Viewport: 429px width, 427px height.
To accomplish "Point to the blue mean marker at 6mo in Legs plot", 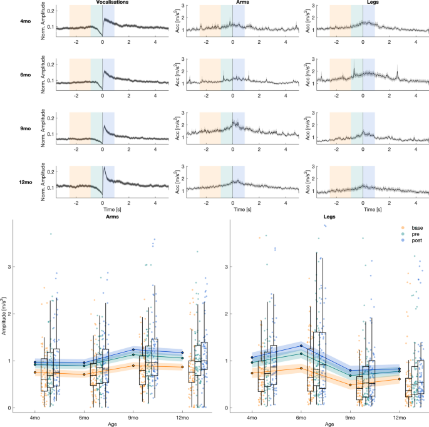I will tap(301, 346).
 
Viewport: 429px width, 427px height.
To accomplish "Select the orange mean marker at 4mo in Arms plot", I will tap(35, 373).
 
